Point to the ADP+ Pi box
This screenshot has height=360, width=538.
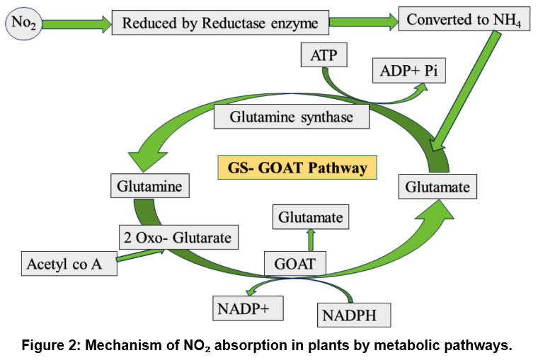point(409,71)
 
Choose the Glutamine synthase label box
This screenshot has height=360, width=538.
point(291,117)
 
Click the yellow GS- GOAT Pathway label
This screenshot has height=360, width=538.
point(297,168)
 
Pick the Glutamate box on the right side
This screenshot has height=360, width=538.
point(437,187)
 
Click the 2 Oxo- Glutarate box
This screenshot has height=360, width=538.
point(176,238)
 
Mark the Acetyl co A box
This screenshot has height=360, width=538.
point(69,264)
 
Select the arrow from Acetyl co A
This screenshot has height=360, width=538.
point(140,256)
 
